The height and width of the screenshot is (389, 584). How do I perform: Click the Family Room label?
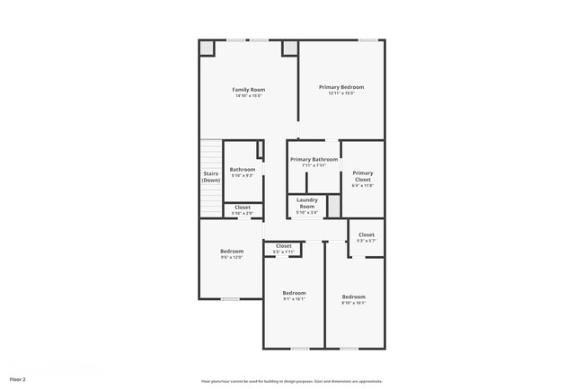click(x=249, y=90)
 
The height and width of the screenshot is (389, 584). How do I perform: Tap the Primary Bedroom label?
click(x=341, y=87)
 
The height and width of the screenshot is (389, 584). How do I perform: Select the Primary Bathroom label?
click(x=314, y=159)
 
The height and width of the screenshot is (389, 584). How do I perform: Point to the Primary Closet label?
click(x=362, y=175)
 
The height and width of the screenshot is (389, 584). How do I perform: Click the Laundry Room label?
click(x=307, y=202)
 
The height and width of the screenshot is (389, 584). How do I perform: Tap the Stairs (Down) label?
click(x=210, y=177)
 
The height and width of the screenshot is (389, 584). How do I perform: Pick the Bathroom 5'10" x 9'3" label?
click(x=242, y=169)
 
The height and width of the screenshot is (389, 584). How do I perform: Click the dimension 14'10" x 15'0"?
click(x=249, y=96)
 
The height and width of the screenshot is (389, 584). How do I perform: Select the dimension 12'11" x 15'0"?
click(x=341, y=93)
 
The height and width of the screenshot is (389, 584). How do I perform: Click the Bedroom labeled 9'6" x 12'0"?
click(x=232, y=252)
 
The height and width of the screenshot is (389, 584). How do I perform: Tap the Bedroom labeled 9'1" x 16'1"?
click(x=294, y=293)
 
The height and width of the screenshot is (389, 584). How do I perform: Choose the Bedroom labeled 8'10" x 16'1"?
click(x=353, y=296)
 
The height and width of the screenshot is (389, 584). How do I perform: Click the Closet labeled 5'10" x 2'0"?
click(x=243, y=208)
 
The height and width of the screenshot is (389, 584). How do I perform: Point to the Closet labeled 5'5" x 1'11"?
click(x=283, y=246)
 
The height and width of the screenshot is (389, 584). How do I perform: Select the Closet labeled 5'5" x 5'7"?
click(x=366, y=235)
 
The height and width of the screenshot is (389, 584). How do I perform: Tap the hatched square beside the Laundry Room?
click(x=334, y=207)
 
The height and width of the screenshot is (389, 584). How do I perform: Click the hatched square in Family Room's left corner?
click(x=207, y=49)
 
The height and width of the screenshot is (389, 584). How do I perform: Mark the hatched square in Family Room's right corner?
click(x=289, y=49)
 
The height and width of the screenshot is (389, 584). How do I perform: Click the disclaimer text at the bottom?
click(x=291, y=381)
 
